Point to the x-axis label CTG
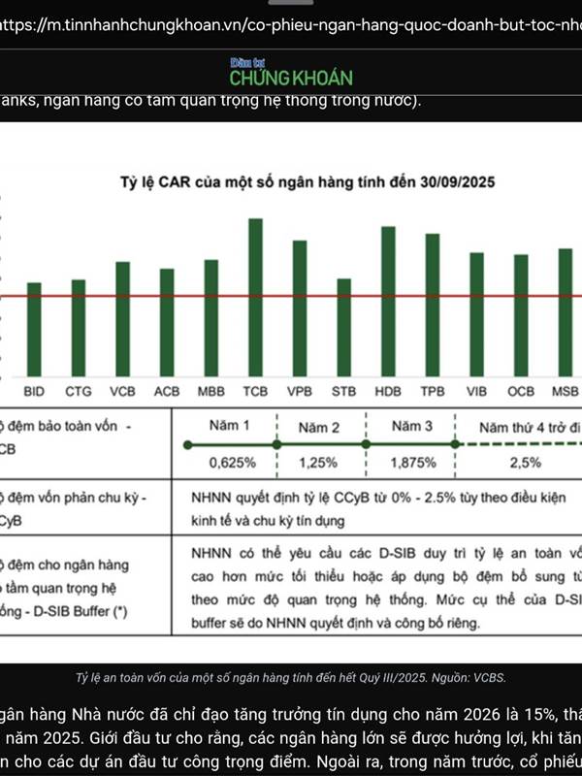coord(79,392)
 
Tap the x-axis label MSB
coord(564,392)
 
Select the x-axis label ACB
coord(167,392)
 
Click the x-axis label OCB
coord(521,392)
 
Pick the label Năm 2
coord(319,427)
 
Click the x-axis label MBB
coord(211,392)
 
